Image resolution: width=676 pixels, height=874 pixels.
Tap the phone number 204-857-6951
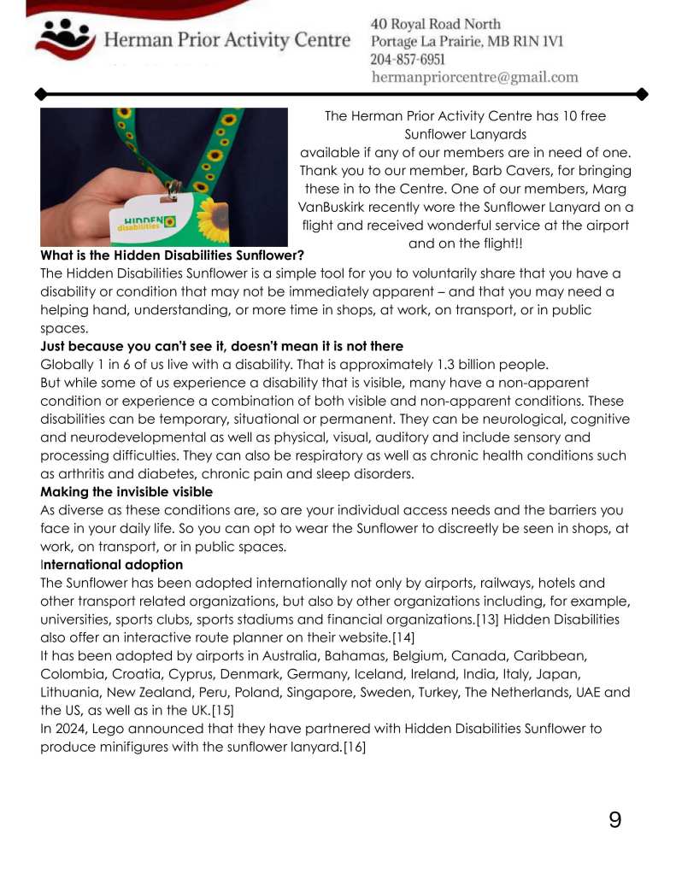pos(408,60)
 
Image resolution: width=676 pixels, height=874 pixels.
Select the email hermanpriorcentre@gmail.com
pos(474,78)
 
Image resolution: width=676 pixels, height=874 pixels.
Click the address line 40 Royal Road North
pos(435,24)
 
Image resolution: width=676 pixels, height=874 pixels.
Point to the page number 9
pos(614,821)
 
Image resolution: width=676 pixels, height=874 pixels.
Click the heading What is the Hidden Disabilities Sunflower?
pos(172,255)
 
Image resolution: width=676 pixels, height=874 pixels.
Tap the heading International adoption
pos(112,565)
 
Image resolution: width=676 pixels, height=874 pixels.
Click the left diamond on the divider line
pos(39,93)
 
